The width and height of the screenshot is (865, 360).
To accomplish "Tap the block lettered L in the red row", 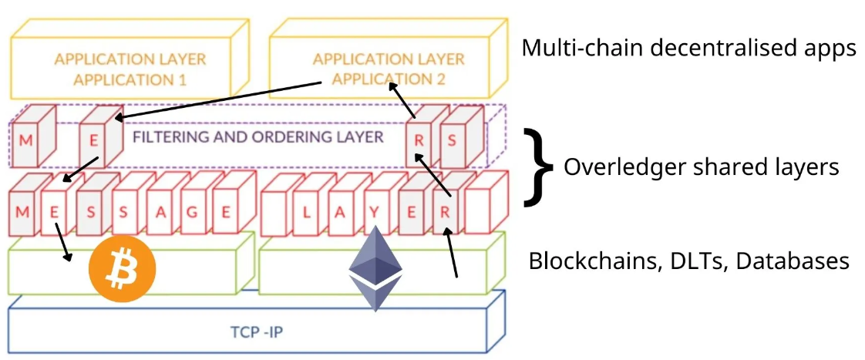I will (305, 213).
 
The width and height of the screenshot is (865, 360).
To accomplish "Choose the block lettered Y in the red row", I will (377, 213).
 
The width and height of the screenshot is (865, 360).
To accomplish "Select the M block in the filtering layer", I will (26, 141).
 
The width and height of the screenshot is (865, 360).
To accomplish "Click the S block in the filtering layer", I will (453, 141).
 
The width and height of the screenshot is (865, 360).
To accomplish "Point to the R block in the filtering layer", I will (419, 141).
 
